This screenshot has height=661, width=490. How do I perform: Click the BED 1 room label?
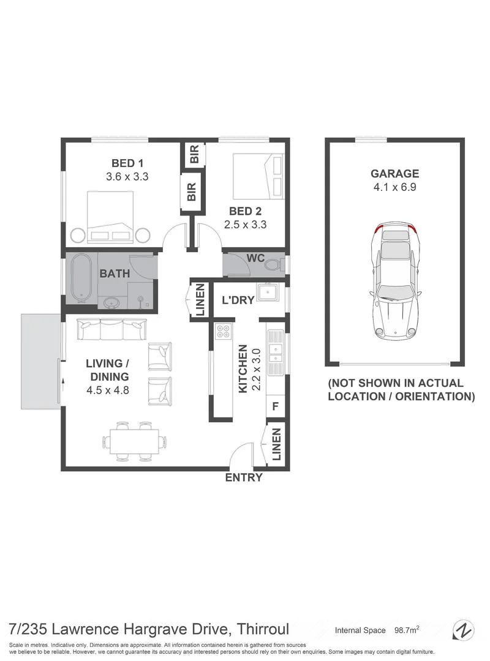127,163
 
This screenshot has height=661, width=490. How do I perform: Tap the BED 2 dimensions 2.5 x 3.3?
245,225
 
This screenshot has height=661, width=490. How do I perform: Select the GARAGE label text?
394,174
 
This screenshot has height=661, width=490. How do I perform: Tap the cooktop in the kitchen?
223,331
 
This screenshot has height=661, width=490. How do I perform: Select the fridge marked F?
275,405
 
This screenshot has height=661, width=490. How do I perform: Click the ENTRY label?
244,478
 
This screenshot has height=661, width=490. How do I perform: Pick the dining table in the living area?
134,441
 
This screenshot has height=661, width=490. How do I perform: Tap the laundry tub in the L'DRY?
268,292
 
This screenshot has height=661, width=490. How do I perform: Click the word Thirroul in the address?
263,629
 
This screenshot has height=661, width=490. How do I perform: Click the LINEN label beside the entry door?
276,445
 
